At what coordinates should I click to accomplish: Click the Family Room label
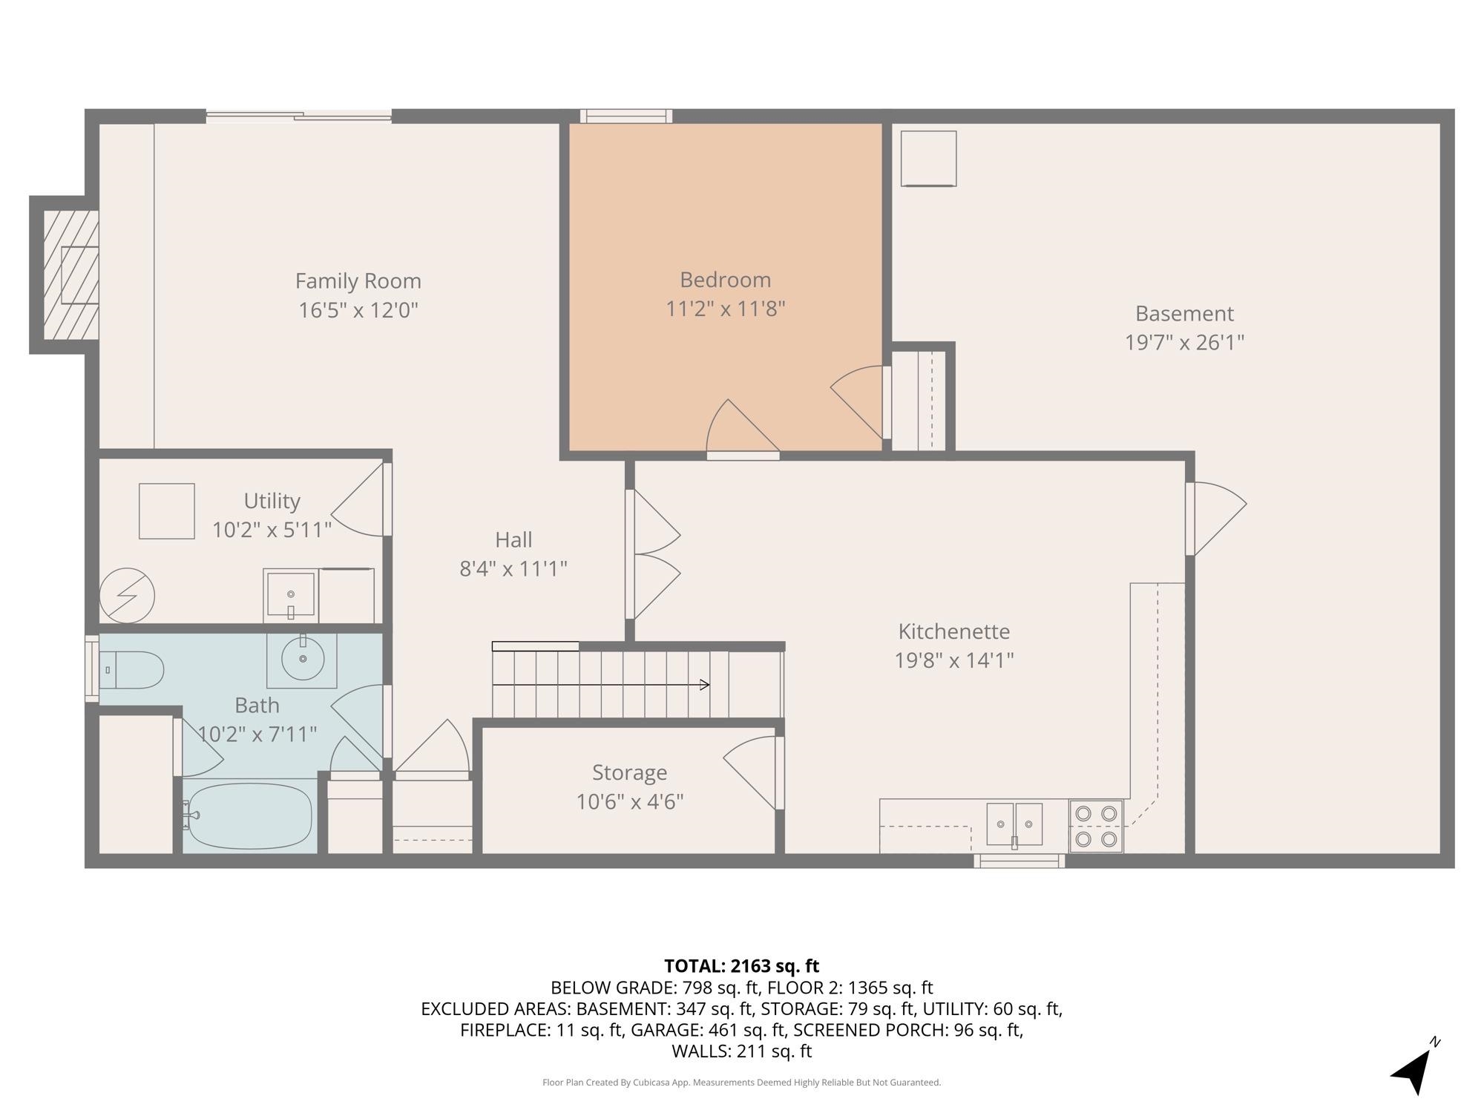click(x=358, y=281)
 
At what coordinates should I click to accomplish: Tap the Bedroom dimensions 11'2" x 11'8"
click(x=725, y=309)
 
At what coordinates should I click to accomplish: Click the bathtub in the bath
click(x=248, y=815)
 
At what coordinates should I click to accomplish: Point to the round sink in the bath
click(x=302, y=658)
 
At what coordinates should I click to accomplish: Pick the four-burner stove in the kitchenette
click(x=1096, y=826)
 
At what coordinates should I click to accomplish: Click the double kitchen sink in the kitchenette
click(x=1014, y=824)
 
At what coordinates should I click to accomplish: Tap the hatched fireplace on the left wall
click(x=71, y=275)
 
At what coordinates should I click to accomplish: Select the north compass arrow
click(x=1415, y=1068)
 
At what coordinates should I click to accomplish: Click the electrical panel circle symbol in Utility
click(x=127, y=596)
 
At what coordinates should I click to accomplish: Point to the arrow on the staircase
click(x=601, y=685)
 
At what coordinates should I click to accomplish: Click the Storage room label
click(x=629, y=773)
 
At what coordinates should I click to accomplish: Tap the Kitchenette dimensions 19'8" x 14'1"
click(x=954, y=660)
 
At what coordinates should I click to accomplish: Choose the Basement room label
click(x=1184, y=314)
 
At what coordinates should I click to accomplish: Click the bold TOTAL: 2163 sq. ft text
click(x=741, y=966)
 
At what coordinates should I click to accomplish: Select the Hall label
click(x=513, y=540)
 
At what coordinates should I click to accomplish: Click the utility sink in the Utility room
click(x=291, y=596)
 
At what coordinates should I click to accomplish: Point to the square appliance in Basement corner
click(x=928, y=159)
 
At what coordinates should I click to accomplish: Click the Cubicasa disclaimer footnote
click(x=741, y=1083)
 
